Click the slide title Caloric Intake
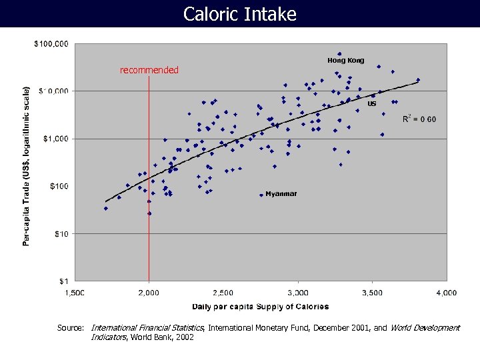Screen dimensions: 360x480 point(239,13)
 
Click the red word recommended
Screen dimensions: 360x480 point(149,70)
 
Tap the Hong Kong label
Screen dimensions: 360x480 point(345,61)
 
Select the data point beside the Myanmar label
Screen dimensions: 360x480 point(261,195)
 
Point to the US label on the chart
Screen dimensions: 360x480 point(372,104)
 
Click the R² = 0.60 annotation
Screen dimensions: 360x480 point(419,119)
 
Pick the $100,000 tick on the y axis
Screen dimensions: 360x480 point(51,44)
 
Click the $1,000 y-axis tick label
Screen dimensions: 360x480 point(56,139)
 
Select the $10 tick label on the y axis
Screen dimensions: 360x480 point(61,233)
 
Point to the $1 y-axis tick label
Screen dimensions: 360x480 point(63,281)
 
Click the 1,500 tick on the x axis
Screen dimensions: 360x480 point(74,292)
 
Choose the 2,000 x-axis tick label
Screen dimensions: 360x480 point(149,292)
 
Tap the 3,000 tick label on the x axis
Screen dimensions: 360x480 point(298,292)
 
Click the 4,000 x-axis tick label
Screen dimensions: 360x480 point(446,292)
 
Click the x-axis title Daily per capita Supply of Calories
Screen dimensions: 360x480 point(260,307)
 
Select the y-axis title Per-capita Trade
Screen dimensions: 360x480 point(27,165)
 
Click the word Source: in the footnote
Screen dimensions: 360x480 point(70,328)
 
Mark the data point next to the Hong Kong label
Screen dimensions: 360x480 point(339,54)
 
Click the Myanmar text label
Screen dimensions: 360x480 point(281,194)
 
